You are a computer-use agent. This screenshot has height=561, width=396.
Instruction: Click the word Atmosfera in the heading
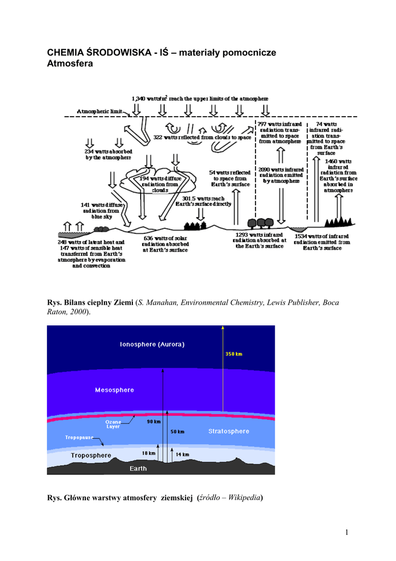tap(71, 64)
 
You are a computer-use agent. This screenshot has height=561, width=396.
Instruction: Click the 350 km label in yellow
tap(234, 353)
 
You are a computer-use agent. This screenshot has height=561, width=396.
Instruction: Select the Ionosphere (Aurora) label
tap(152, 345)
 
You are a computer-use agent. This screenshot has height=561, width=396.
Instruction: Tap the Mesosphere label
tap(114, 390)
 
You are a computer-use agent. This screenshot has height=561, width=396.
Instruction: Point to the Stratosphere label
tap(229, 431)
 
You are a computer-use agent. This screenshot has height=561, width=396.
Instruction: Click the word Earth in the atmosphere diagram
tap(138, 469)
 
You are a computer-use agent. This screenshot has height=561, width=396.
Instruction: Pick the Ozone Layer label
tap(113, 424)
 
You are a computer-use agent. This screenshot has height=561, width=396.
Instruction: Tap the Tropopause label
tap(79, 438)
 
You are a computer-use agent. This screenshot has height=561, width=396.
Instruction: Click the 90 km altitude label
tap(154, 422)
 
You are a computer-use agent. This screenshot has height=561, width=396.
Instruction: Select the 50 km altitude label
tap(177, 432)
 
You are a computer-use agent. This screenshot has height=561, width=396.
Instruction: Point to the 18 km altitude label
tap(149, 454)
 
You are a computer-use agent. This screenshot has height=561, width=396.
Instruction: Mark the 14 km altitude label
tap(182, 454)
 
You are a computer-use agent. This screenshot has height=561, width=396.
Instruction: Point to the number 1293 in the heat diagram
tap(242, 234)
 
